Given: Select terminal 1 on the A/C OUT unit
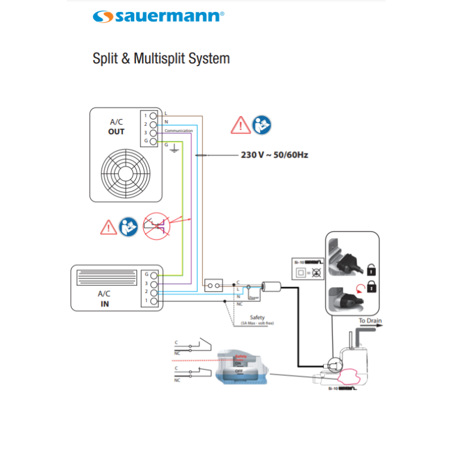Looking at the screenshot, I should point(152,116).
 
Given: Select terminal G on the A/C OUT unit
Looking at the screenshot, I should point(152,140).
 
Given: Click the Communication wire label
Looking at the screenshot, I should point(178,131).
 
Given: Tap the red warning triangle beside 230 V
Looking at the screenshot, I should point(241,125).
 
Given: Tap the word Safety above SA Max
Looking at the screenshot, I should point(257,318).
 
